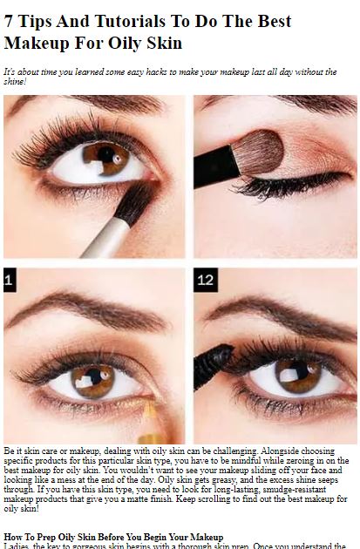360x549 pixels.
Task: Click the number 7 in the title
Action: (9, 22)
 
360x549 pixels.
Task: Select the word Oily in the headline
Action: (124, 44)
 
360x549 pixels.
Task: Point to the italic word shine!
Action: (15, 82)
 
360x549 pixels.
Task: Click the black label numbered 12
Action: (206, 280)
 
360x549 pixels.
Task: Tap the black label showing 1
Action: (10, 280)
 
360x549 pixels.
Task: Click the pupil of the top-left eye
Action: (106, 154)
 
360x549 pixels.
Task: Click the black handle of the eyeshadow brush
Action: (215, 166)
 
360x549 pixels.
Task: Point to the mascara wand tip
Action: (213, 365)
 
